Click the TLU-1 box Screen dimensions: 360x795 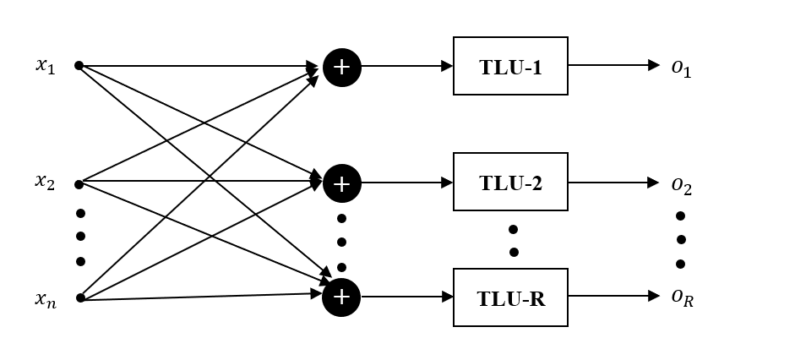pos(510,66)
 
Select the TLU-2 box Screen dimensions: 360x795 pos(510,182)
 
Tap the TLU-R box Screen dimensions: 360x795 pos(510,297)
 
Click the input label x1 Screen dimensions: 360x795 pos(46,66)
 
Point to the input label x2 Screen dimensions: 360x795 pos(46,181)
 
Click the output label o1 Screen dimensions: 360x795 pos(681,68)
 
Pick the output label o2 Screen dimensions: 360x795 pos(681,184)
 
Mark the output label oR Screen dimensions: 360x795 pos(682,298)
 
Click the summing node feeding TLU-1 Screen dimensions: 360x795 pos(341,67)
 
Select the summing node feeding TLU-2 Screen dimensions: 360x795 pos(341,183)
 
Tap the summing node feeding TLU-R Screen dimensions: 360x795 pos(341,297)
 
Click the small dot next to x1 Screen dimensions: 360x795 pos(79,65)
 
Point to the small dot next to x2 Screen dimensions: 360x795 pos(79,183)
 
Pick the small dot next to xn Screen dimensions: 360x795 pos(79,297)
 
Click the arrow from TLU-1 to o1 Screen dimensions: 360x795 pos(613,65)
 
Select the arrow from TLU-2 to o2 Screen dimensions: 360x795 pos(613,182)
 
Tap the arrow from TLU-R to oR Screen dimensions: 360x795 pos(613,297)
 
